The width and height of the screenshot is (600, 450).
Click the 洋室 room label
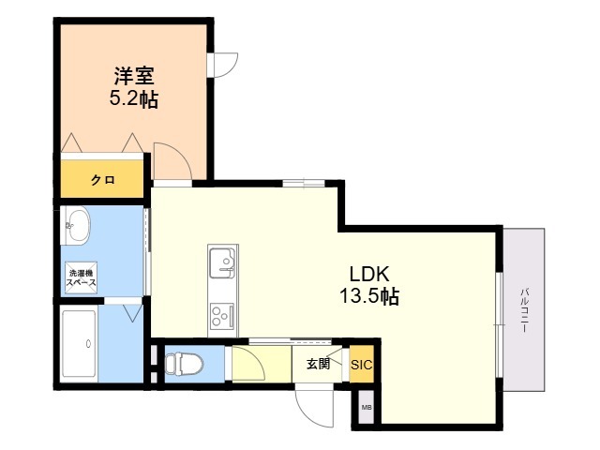134,76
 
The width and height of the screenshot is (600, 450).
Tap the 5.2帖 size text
134,99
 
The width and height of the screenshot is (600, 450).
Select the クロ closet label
103,179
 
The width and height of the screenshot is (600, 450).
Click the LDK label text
369,274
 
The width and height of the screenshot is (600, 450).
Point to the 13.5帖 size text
369,296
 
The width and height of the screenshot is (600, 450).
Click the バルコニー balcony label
524,310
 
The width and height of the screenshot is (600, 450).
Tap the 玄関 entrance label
318,364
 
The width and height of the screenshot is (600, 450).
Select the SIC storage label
361,365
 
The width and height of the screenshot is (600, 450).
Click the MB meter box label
367,408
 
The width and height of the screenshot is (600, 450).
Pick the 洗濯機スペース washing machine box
81,277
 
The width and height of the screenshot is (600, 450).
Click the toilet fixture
184,363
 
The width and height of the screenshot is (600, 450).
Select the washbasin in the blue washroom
78,225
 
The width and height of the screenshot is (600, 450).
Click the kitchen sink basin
222,262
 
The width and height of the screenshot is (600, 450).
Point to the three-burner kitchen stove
222,316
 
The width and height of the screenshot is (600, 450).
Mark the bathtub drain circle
89,344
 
